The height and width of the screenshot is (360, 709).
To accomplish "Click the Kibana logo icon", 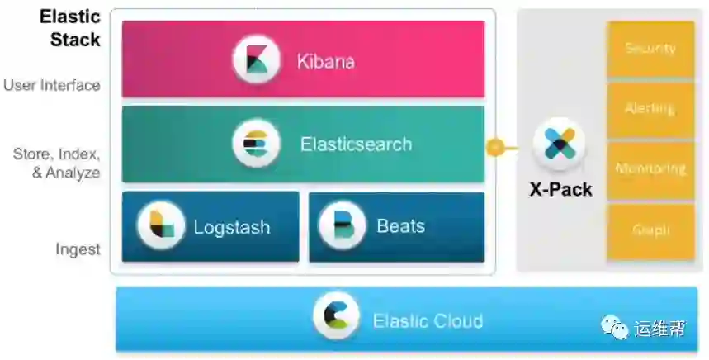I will [x=257, y=59].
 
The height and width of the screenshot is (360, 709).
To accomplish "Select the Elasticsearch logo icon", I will [x=257, y=144].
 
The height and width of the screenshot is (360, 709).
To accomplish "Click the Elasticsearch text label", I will [x=356, y=144].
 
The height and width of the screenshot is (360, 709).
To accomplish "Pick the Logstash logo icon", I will [x=161, y=226].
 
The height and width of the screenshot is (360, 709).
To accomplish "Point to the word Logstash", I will [x=232, y=226].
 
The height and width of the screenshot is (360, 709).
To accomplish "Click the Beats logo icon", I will [x=342, y=226].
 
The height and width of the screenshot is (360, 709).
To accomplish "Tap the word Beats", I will [x=401, y=225].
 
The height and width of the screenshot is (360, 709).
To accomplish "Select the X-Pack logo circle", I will [x=560, y=144].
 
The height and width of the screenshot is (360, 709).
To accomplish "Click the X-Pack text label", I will [x=560, y=189].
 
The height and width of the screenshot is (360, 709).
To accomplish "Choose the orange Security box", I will [x=650, y=50].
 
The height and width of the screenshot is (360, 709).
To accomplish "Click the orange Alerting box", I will [x=650, y=109].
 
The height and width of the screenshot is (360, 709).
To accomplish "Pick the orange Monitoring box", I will [x=650, y=169].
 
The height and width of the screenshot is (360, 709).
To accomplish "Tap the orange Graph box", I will [x=650, y=231].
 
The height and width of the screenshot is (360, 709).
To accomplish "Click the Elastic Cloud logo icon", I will [x=336, y=317].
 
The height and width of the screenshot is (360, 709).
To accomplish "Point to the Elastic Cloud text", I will [x=428, y=320].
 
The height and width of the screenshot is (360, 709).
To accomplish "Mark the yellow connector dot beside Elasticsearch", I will [x=494, y=149].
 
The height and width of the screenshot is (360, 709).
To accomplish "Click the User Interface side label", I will [x=52, y=85].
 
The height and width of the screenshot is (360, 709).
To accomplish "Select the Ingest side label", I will [x=78, y=249].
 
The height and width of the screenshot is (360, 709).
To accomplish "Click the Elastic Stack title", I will [x=69, y=27].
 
